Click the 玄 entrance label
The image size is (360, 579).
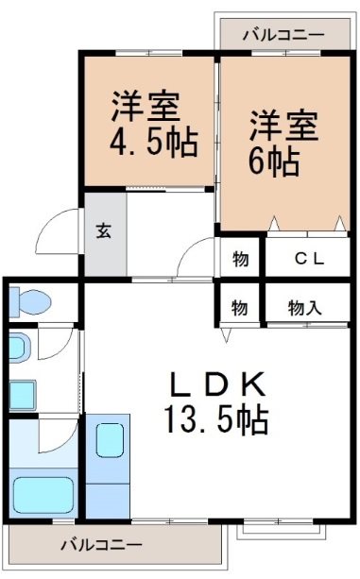pyautogui.click(x=101, y=231)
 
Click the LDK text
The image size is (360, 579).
pyautogui.click(x=216, y=384)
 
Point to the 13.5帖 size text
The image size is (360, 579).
pyautogui.click(x=216, y=417)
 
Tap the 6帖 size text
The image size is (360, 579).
pyautogui.click(x=275, y=162)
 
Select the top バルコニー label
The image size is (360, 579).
pyautogui.click(x=283, y=34)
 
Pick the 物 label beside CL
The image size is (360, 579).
pyautogui.click(x=240, y=257)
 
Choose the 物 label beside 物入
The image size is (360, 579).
pyautogui.click(x=240, y=307)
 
